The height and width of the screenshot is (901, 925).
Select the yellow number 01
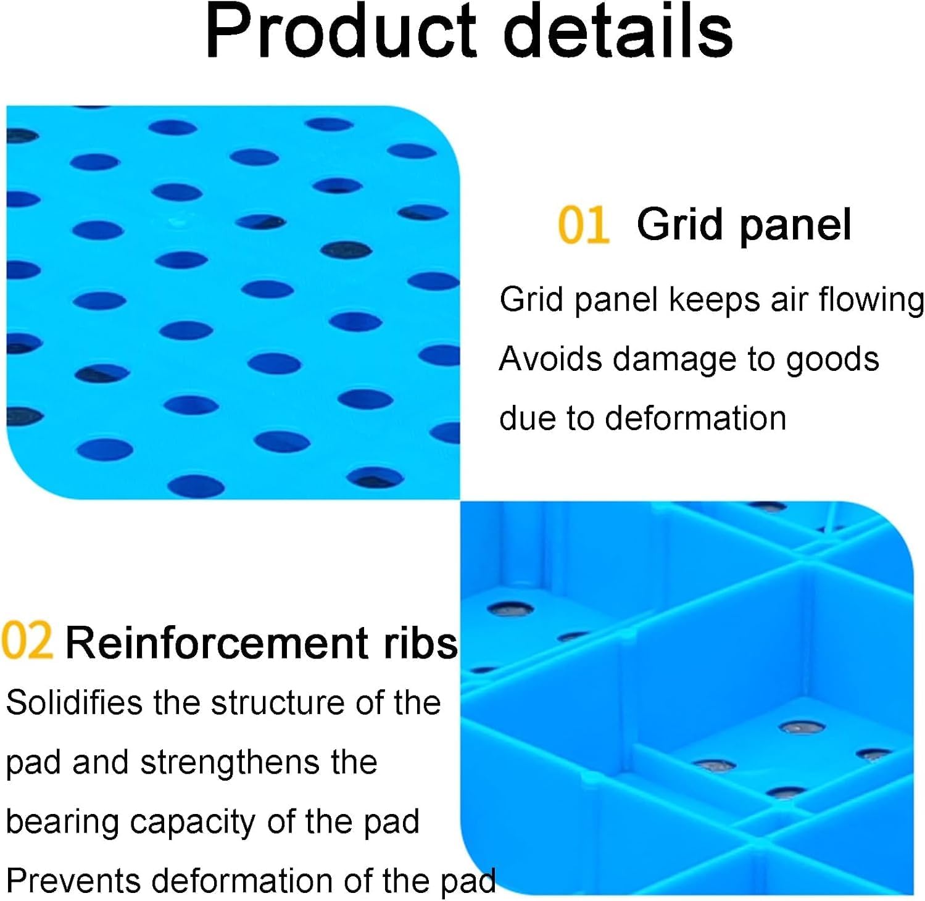tap(583, 225)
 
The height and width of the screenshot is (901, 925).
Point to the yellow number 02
tap(27, 642)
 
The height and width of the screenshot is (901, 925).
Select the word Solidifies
tap(75, 702)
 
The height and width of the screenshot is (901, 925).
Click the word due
tap(528, 418)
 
